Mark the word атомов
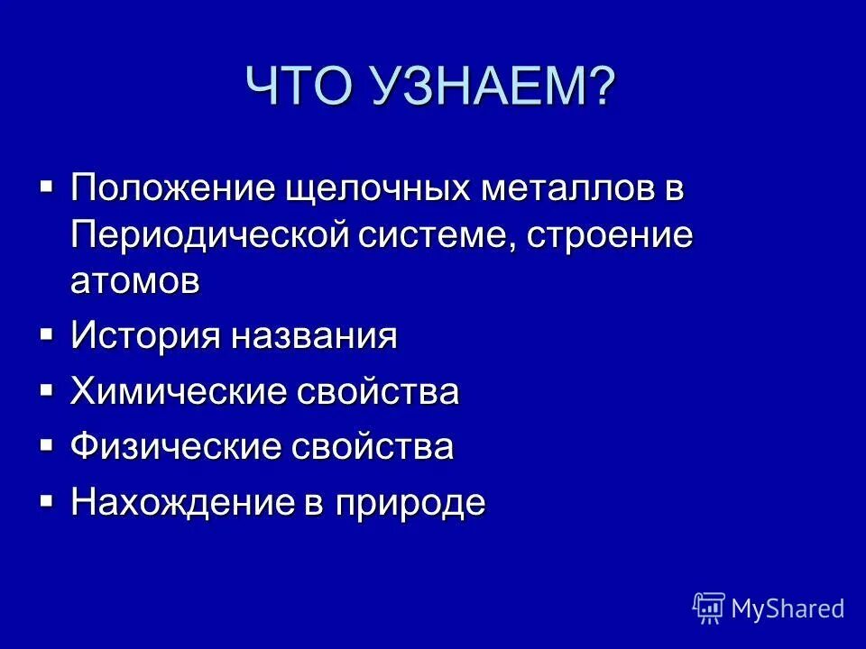click(x=135, y=280)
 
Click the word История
click(x=145, y=337)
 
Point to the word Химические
click(x=177, y=393)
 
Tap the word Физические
click(x=175, y=448)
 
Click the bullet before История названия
click(x=46, y=334)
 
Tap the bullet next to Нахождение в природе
click(x=46, y=498)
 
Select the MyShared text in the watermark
click(x=788, y=608)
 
